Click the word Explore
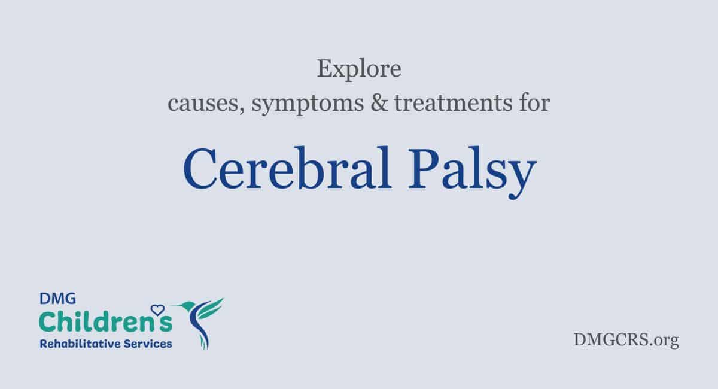point(359,69)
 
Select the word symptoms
point(308,104)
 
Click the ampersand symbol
point(379,102)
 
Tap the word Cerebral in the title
point(287,168)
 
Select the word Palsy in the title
point(473,172)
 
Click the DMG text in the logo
point(57,299)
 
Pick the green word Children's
point(106,321)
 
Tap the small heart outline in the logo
point(157,310)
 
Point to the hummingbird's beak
point(176,306)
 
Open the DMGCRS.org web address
point(626,340)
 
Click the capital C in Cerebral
point(199,168)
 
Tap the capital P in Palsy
point(423,168)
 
